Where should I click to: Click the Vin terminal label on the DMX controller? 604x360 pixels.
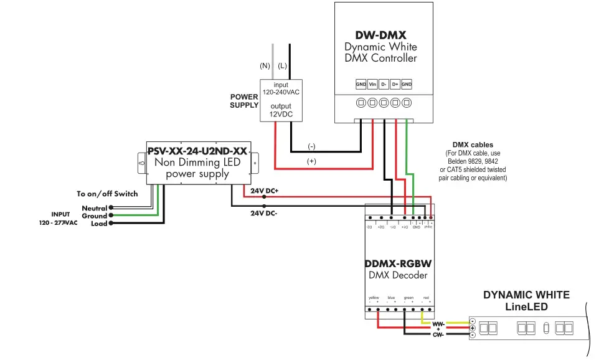pyautogui.click(x=372, y=84)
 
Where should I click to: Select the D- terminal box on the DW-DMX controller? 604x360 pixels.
pyautogui.click(x=384, y=84)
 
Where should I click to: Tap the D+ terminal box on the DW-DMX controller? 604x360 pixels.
pyautogui.click(x=395, y=84)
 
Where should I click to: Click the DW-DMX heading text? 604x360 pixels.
pyautogui.click(x=380, y=36)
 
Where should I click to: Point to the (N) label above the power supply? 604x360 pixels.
pyautogui.click(x=265, y=65)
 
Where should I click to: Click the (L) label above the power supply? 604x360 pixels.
pyautogui.click(x=282, y=65)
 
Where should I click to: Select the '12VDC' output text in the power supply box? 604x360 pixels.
pyautogui.click(x=280, y=115)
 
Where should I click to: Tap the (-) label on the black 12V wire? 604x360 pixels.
pyautogui.click(x=311, y=146)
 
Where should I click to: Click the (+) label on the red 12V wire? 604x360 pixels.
pyautogui.click(x=311, y=161)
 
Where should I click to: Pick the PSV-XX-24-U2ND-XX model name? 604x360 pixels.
pyautogui.click(x=197, y=150)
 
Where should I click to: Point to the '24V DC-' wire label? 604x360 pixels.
pyautogui.click(x=263, y=212)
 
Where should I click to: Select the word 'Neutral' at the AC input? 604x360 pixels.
pyautogui.click(x=95, y=208)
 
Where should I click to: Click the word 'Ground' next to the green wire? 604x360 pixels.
pyautogui.click(x=95, y=216)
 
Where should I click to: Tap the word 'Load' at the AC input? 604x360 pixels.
pyautogui.click(x=99, y=224)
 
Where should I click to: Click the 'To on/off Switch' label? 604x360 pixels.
pyautogui.click(x=107, y=194)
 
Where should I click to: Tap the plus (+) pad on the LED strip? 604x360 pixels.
pyautogui.click(x=473, y=328)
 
